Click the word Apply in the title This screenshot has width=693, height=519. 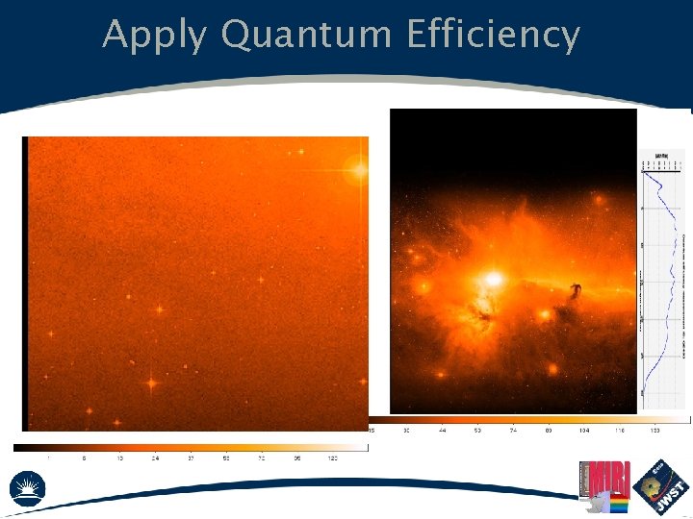tap(154, 36)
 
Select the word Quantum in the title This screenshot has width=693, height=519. tap(305, 36)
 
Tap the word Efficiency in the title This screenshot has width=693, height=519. tap(493, 36)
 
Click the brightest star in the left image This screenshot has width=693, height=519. tap(360, 170)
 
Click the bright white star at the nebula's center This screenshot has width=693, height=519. tap(494, 279)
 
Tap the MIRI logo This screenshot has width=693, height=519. tap(603, 481)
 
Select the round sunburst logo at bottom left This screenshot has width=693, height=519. tap(29, 489)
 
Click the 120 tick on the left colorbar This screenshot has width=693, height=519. tap(333, 458)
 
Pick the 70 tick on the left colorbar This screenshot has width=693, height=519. tap(261, 458)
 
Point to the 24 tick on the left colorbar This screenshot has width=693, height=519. tap(154, 458)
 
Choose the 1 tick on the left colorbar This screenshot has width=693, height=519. tap(49, 458)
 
